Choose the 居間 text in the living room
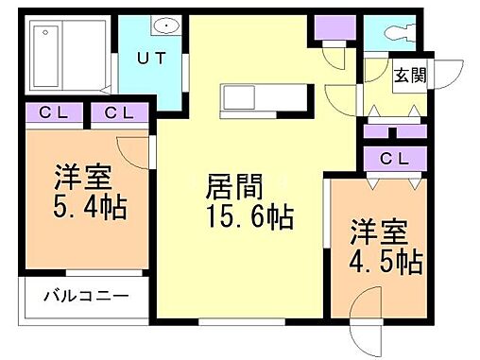point(232,186)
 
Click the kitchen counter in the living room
point(265,98)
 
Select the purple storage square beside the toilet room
point(333,28)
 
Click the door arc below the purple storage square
point(334,57)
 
